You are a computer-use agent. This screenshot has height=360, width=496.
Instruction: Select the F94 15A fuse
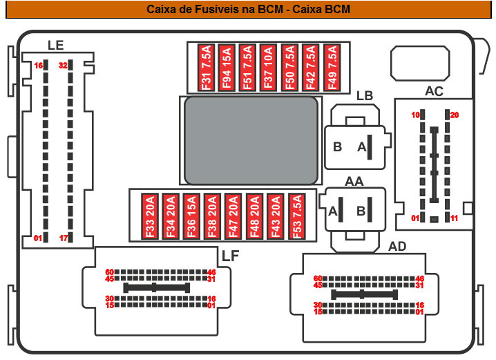coord(227,67)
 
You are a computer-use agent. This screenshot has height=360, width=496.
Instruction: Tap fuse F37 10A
coord(269,67)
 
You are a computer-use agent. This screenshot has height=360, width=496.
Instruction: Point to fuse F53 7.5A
coord(298,216)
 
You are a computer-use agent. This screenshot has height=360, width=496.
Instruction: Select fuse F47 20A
coord(234,216)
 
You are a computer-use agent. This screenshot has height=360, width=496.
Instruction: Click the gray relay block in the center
coord(251,140)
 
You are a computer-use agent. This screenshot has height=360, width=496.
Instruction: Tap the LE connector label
coord(55,46)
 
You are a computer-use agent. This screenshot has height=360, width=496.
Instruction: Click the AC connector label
coord(434,91)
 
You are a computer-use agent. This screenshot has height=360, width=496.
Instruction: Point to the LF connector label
coord(231,256)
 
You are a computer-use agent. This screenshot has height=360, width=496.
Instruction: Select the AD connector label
coord(397,246)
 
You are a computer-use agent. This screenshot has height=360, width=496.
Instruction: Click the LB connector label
coord(365,96)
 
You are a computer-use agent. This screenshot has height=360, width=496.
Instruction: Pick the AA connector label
coord(354,181)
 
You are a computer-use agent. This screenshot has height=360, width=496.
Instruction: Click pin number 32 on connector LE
coord(63,66)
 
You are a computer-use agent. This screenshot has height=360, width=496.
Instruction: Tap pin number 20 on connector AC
coord(455,115)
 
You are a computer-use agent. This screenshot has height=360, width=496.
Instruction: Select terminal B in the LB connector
coord(338,146)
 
